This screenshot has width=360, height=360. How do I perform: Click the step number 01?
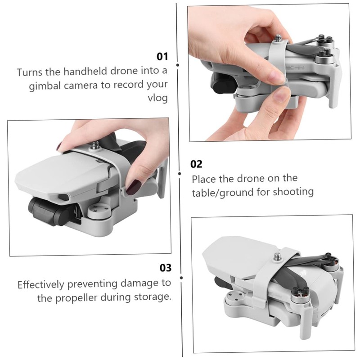[162, 57]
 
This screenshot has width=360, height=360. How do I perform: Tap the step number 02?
[196, 164]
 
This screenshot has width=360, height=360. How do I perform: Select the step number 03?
[166, 268]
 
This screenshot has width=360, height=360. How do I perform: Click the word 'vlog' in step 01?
[157, 98]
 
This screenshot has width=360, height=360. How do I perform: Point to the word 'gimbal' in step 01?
[45, 86]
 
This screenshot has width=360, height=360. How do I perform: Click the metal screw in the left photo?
[94, 145]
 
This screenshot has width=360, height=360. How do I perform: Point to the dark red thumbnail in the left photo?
[133, 187]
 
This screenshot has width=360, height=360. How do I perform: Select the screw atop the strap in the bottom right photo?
[275, 257]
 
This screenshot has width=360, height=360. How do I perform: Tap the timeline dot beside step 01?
[177, 65]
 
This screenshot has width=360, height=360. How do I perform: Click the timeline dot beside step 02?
[179, 174]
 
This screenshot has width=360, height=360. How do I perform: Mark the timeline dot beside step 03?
[181, 278]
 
